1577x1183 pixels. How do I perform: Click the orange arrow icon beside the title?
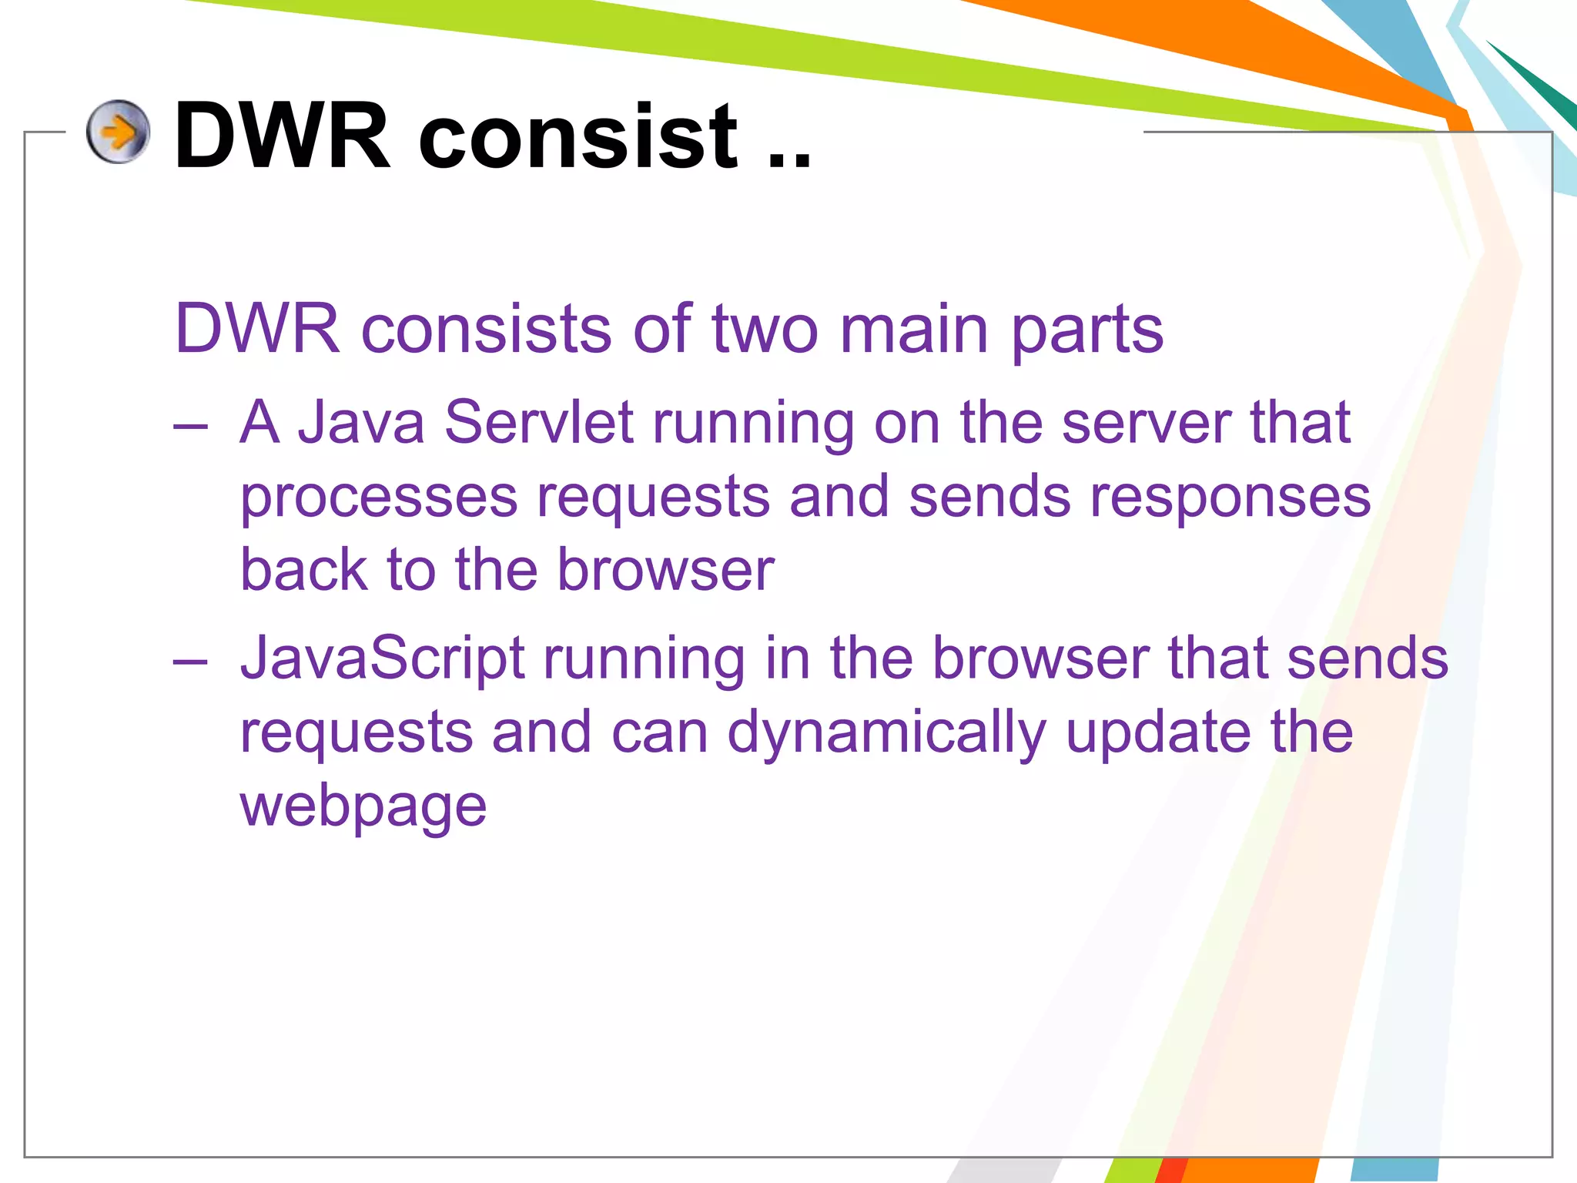[x=118, y=132]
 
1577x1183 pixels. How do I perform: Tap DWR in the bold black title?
[x=283, y=137]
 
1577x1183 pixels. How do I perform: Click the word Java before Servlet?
[x=361, y=423]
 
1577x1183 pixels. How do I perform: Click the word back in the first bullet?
[x=304, y=570]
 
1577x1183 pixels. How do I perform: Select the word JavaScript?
[x=383, y=659]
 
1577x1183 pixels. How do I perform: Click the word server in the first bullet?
[x=1146, y=424]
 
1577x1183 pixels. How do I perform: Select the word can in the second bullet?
[x=659, y=733]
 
